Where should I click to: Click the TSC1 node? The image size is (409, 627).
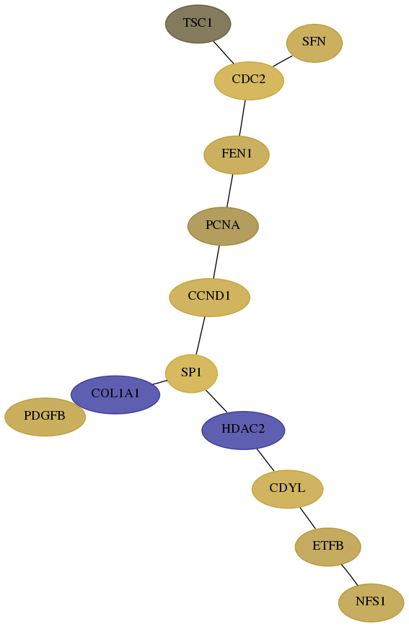pyautogui.click(x=198, y=24)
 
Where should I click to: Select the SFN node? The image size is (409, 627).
pyautogui.click(x=315, y=43)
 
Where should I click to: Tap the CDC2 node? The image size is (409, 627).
pyautogui.click(x=249, y=80)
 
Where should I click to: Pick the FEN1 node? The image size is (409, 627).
pyautogui.click(x=237, y=155)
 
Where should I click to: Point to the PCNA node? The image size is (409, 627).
pyautogui.click(x=223, y=226)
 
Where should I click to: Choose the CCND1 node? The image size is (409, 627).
pyautogui.click(x=209, y=297)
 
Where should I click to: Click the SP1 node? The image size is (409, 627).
pyautogui.click(x=191, y=373)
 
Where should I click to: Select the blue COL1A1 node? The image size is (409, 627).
pyautogui.click(x=115, y=394)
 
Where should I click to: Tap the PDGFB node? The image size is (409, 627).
pyautogui.click(x=45, y=417)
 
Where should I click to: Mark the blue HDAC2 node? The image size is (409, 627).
pyautogui.click(x=243, y=431)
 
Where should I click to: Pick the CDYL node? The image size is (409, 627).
pyautogui.click(x=287, y=489)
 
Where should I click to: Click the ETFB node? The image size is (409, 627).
pyautogui.click(x=328, y=547)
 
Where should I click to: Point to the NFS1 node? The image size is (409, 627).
pyautogui.click(x=371, y=602)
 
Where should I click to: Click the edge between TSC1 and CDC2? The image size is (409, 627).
pyautogui.click(x=224, y=53)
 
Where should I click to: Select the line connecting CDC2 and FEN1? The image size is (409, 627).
pyautogui.click(x=242, y=118)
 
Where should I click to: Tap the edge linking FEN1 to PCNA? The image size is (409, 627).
pyautogui.click(x=229, y=191)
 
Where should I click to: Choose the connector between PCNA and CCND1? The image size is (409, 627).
pyautogui.click(x=216, y=261)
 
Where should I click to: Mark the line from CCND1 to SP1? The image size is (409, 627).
pyautogui.click(x=201, y=335)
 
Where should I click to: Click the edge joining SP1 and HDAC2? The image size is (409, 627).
pyautogui.click(x=216, y=401)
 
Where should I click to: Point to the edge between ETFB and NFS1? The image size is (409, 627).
pyautogui.click(x=349, y=575)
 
